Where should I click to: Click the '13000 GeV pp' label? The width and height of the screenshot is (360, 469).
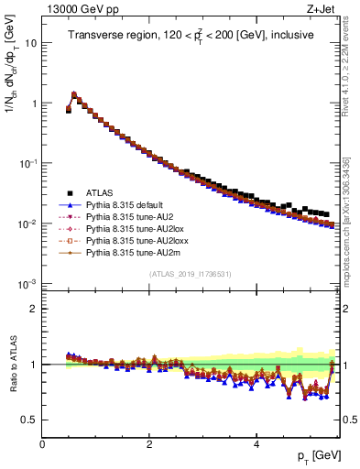[76, 8]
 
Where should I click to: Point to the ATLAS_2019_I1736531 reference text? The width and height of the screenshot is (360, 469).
[190, 275]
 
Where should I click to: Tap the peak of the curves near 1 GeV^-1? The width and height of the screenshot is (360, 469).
[74, 93]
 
